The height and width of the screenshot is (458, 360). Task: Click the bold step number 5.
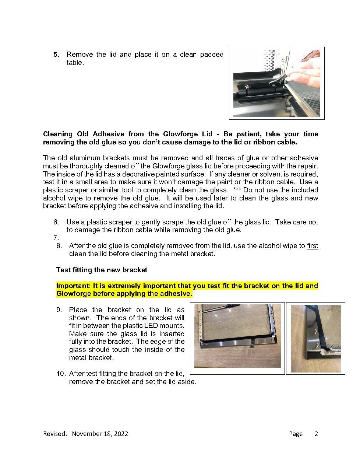point(56,55)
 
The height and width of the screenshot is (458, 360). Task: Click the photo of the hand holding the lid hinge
point(276,83)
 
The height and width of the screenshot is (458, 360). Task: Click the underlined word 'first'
point(312,246)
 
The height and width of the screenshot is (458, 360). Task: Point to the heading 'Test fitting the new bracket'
point(102,270)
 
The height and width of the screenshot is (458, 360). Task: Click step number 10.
point(61,374)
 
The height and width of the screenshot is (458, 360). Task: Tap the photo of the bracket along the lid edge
point(237,336)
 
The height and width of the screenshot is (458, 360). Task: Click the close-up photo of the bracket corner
point(315,338)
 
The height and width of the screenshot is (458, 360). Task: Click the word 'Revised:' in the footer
point(55,434)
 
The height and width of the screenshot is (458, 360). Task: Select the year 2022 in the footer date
point(121,434)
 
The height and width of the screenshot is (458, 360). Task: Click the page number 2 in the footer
point(316,434)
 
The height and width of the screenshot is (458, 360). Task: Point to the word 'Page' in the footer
point(296,434)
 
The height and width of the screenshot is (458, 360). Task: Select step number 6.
point(56,222)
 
